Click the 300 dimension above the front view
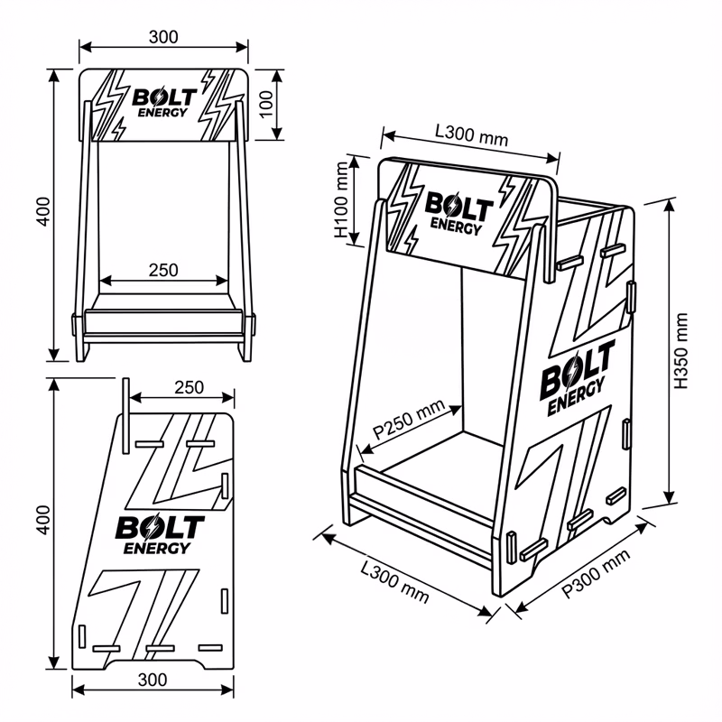(162, 36)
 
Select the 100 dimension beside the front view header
(265, 103)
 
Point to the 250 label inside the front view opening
(162, 269)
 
